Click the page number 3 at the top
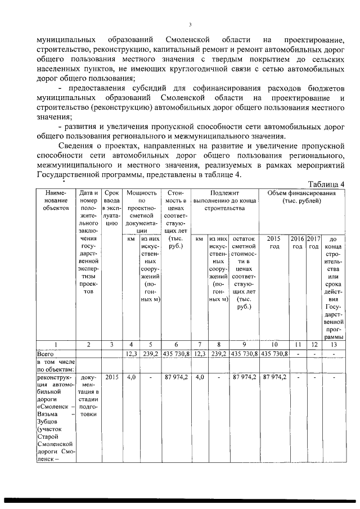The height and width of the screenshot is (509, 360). (x=191, y=24)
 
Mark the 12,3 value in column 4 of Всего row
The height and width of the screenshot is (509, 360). (x=130, y=353)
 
